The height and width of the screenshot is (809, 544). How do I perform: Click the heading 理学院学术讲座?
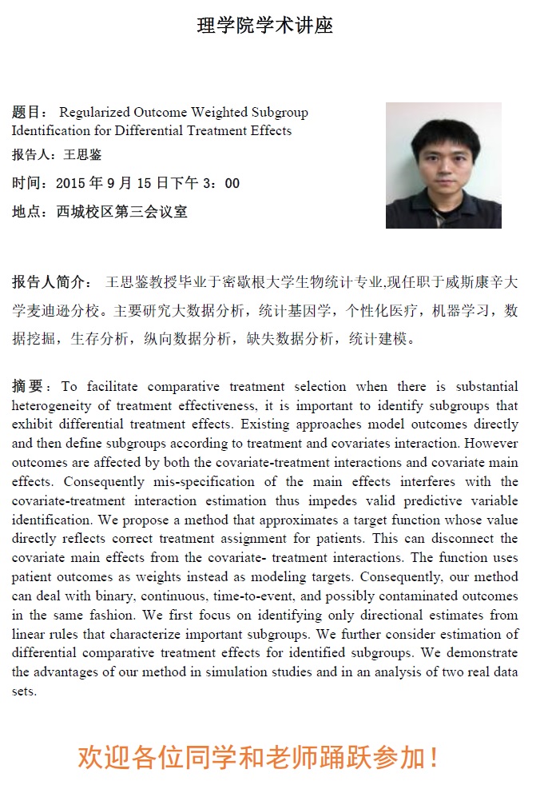click(265, 26)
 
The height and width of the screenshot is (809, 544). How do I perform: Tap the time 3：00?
click(221, 183)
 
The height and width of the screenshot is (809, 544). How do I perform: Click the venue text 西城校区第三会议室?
click(121, 212)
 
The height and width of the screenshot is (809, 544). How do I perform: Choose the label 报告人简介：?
click(51, 282)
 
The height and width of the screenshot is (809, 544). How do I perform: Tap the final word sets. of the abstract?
click(24, 691)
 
